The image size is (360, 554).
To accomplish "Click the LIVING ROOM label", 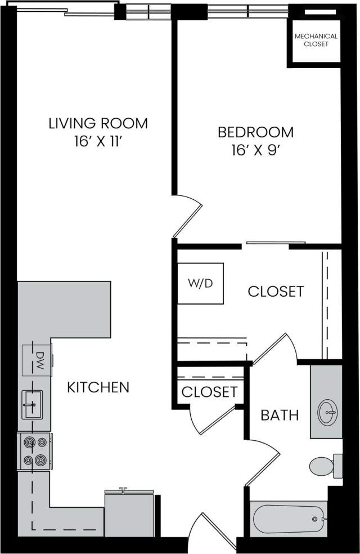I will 98,123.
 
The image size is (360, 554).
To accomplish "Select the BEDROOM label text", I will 255,132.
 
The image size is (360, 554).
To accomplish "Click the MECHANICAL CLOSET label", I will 316,40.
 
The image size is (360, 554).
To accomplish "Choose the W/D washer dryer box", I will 200,283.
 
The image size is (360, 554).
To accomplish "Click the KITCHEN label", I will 98,387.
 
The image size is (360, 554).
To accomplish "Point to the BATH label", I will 280,415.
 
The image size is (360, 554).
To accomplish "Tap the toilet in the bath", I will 324,465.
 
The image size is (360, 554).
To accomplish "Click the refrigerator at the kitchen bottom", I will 129,513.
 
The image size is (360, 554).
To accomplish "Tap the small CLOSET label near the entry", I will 209,392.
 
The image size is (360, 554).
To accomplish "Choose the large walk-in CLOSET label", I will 276,292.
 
